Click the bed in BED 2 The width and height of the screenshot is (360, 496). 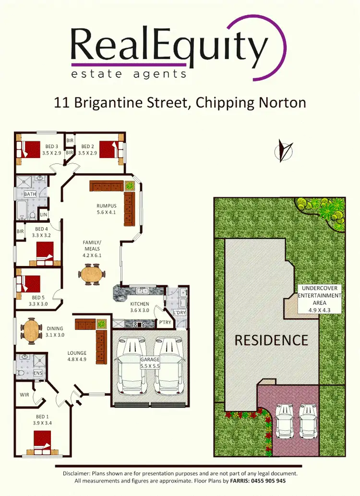point(109,149)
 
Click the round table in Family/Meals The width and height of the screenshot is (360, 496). point(91,275)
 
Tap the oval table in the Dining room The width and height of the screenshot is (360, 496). point(31,331)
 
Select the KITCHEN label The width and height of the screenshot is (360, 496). point(140,307)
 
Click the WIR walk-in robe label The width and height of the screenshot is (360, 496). point(25,395)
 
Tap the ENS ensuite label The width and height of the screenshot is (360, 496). point(37,373)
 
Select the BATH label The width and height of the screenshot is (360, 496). point(30,194)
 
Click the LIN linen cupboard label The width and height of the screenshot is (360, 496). point(44,215)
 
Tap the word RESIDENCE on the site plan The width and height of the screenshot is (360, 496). point(271,340)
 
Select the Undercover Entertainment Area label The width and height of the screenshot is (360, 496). point(319,299)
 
